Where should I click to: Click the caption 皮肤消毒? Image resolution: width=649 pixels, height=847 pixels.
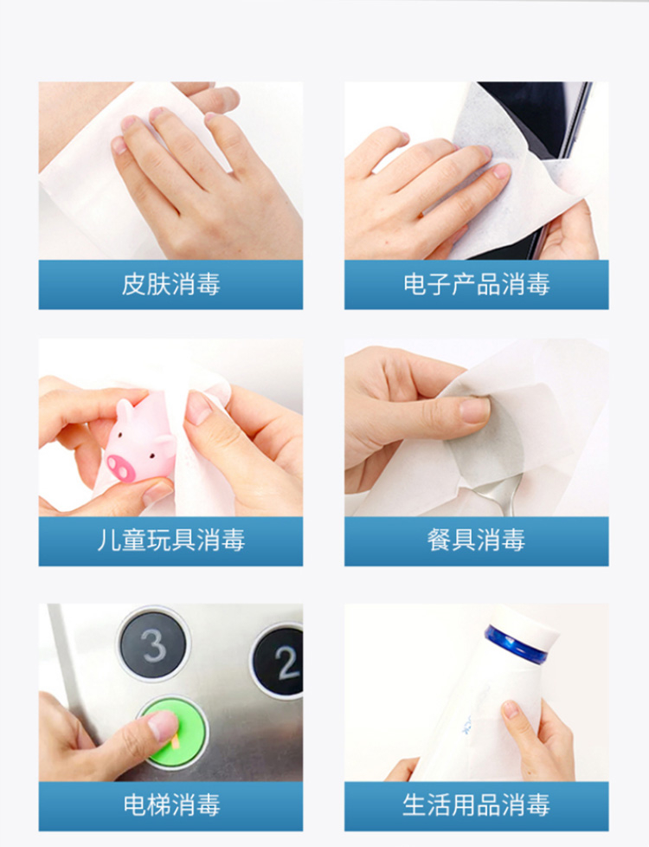(170, 284)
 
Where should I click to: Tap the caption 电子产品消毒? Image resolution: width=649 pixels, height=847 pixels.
(476, 284)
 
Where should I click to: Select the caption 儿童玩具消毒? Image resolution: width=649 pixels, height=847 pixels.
(170, 540)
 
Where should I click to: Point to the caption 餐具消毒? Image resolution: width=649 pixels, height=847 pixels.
(476, 540)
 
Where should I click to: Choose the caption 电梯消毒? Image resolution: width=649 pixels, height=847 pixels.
(171, 805)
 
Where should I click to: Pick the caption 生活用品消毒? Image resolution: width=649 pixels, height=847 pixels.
(476, 805)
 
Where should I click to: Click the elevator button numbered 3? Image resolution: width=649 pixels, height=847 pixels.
(154, 643)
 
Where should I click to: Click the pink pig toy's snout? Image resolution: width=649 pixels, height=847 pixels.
(121, 468)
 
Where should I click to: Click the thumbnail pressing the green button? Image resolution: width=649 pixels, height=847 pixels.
(163, 725)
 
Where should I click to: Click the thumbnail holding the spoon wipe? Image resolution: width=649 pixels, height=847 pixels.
(474, 410)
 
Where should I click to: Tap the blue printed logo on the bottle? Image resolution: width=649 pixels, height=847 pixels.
(466, 725)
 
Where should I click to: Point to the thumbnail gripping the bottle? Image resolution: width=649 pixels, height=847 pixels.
(511, 708)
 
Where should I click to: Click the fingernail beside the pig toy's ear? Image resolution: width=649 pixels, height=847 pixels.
(198, 408)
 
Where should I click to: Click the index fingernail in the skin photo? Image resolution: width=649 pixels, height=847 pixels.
(119, 145)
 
